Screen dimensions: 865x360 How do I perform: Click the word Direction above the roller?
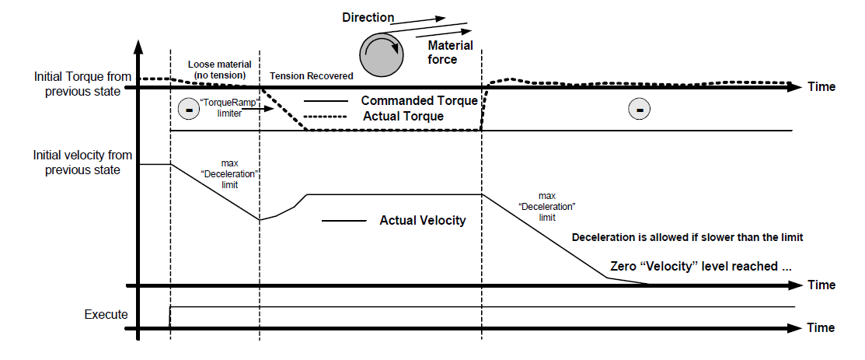click(x=368, y=17)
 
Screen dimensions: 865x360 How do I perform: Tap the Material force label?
click(x=442, y=52)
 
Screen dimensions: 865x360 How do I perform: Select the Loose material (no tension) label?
click(x=220, y=68)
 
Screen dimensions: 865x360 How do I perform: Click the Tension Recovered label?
click(x=311, y=75)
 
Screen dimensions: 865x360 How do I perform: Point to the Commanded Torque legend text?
click(x=419, y=101)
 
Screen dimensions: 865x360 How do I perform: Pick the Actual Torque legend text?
click(x=403, y=117)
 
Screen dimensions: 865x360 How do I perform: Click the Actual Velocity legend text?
click(x=423, y=221)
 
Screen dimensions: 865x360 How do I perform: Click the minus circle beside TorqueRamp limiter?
click(x=188, y=110)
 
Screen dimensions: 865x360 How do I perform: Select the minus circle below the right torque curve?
click(x=640, y=110)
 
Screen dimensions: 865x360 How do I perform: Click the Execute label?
click(x=106, y=315)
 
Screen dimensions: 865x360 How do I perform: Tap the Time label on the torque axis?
click(x=821, y=86)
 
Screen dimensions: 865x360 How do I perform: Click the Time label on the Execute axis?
click(x=821, y=327)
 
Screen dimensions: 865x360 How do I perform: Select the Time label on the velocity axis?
click(x=821, y=285)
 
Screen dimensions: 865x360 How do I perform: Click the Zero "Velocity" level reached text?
click(x=701, y=266)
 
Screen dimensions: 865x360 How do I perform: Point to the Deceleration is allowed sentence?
click(x=686, y=238)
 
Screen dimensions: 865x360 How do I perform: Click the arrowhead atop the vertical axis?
click(x=138, y=45)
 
